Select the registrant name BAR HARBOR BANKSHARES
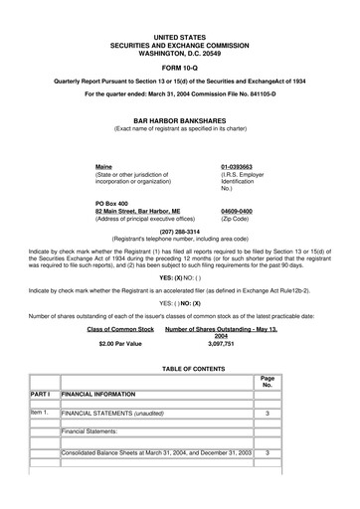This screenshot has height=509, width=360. click(179, 118)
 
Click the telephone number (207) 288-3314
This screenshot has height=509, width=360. click(179, 232)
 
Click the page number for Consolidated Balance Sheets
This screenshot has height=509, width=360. click(267, 452)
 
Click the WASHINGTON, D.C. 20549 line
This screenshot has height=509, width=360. click(179, 42)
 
